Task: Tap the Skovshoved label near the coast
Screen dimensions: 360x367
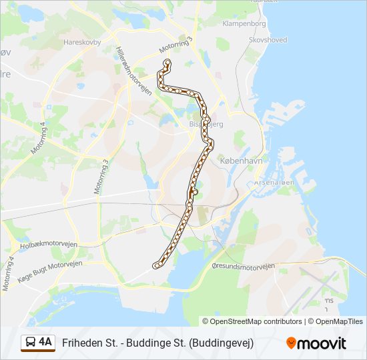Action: [268, 40]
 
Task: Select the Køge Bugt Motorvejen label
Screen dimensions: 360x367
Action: [50, 265]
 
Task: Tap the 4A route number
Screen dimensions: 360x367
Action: [45, 342]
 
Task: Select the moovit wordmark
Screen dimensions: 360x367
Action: [322, 343]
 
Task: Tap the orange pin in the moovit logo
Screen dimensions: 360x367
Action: [291, 343]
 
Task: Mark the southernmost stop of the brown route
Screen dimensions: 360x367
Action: [156, 265]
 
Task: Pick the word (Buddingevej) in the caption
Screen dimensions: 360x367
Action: [222, 343]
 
